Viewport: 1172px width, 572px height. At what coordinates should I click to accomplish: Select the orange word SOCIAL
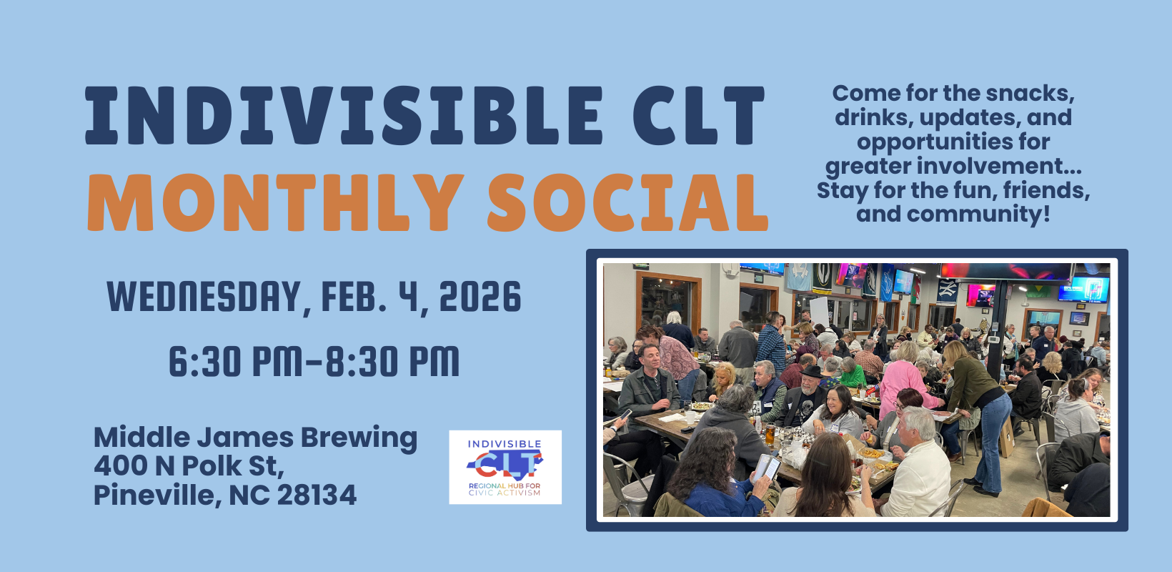627,203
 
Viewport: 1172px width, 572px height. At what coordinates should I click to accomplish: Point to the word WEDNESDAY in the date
204,297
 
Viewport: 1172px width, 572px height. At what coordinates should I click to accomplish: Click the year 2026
480,297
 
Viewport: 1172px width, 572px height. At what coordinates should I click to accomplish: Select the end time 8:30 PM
392,362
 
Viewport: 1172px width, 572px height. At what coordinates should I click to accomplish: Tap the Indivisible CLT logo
505,467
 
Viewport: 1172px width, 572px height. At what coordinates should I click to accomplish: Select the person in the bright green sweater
852,373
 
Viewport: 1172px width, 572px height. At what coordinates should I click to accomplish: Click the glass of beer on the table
770,435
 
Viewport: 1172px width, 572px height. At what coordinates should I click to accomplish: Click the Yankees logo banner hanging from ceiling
947,289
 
